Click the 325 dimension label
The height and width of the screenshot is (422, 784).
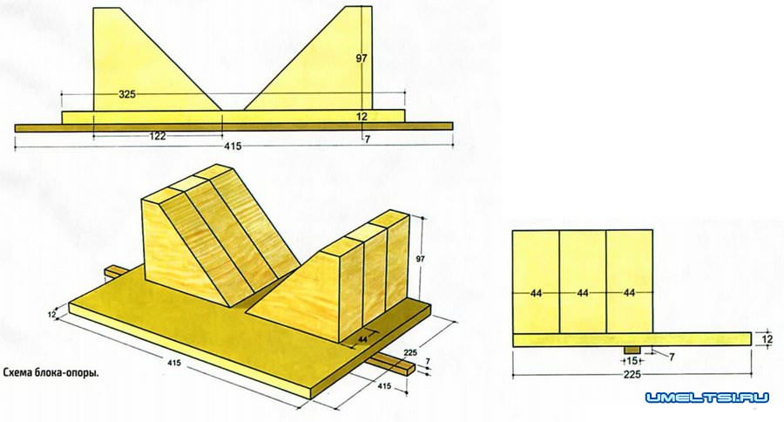pyautogui.click(x=127, y=93)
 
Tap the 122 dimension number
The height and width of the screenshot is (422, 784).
pyautogui.click(x=158, y=136)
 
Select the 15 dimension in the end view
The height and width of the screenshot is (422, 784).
pyautogui.click(x=632, y=360)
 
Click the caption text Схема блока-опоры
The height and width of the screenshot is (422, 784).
pyautogui.click(x=51, y=373)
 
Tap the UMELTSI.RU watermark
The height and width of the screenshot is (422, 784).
pyautogui.click(x=706, y=398)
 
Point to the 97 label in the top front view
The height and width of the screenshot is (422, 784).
pyautogui.click(x=362, y=58)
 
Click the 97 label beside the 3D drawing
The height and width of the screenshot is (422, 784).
pyautogui.click(x=421, y=258)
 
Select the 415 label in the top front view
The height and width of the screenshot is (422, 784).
pyautogui.click(x=233, y=146)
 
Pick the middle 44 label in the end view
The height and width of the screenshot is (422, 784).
pyautogui.click(x=583, y=293)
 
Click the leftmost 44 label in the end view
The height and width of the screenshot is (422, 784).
pyautogui.click(x=536, y=293)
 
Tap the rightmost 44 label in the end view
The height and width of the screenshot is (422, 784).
pyautogui.click(x=629, y=293)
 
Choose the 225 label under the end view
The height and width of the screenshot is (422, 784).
pyautogui.click(x=632, y=374)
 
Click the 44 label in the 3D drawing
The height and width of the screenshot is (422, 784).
pyautogui.click(x=363, y=339)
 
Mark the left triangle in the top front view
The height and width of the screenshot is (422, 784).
pyautogui.click(x=157, y=59)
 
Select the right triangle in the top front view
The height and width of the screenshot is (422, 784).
pyautogui.click(x=308, y=58)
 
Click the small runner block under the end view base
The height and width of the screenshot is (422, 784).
pyautogui.click(x=632, y=349)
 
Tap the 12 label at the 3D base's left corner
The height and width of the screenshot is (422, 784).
pyautogui.click(x=51, y=315)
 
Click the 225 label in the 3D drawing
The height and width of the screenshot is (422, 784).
pyautogui.click(x=410, y=352)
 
